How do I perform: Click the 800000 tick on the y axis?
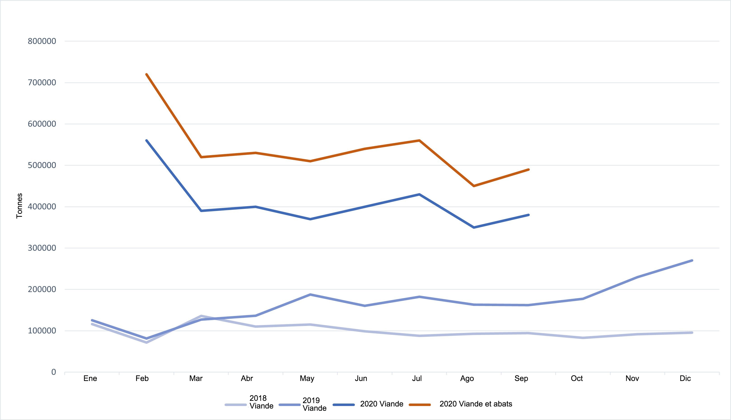pyautogui.click(x=42, y=41)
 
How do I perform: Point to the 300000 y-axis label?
pyautogui.click(x=42, y=248)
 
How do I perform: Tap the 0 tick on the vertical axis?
pyautogui.click(x=54, y=372)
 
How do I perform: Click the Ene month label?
pyautogui.click(x=90, y=378)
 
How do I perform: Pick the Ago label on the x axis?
pyautogui.click(x=467, y=378)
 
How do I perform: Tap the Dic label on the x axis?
pyautogui.click(x=685, y=378)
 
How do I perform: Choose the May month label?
pyautogui.click(x=307, y=378)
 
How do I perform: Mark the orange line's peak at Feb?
pyautogui.click(x=147, y=74)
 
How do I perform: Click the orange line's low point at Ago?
pyautogui.click(x=474, y=186)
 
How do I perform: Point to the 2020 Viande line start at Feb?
pyautogui.click(x=147, y=141)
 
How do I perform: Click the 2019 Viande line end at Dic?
pyautogui.click(x=692, y=261)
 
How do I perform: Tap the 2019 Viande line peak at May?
pyautogui.click(x=310, y=295)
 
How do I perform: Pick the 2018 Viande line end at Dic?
pyautogui.click(x=692, y=333)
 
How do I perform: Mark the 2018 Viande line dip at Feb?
pyautogui.click(x=147, y=343)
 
